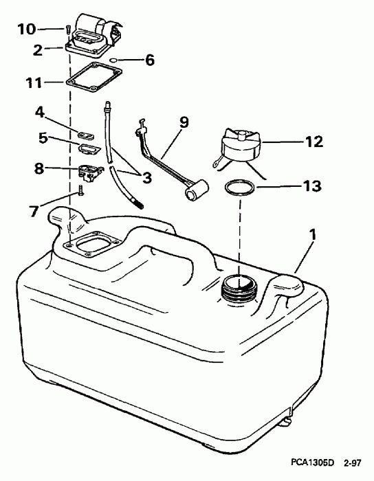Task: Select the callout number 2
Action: click(x=38, y=49)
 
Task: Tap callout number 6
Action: click(x=149, y=60)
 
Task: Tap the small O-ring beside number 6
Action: click(x=120, y=60)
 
